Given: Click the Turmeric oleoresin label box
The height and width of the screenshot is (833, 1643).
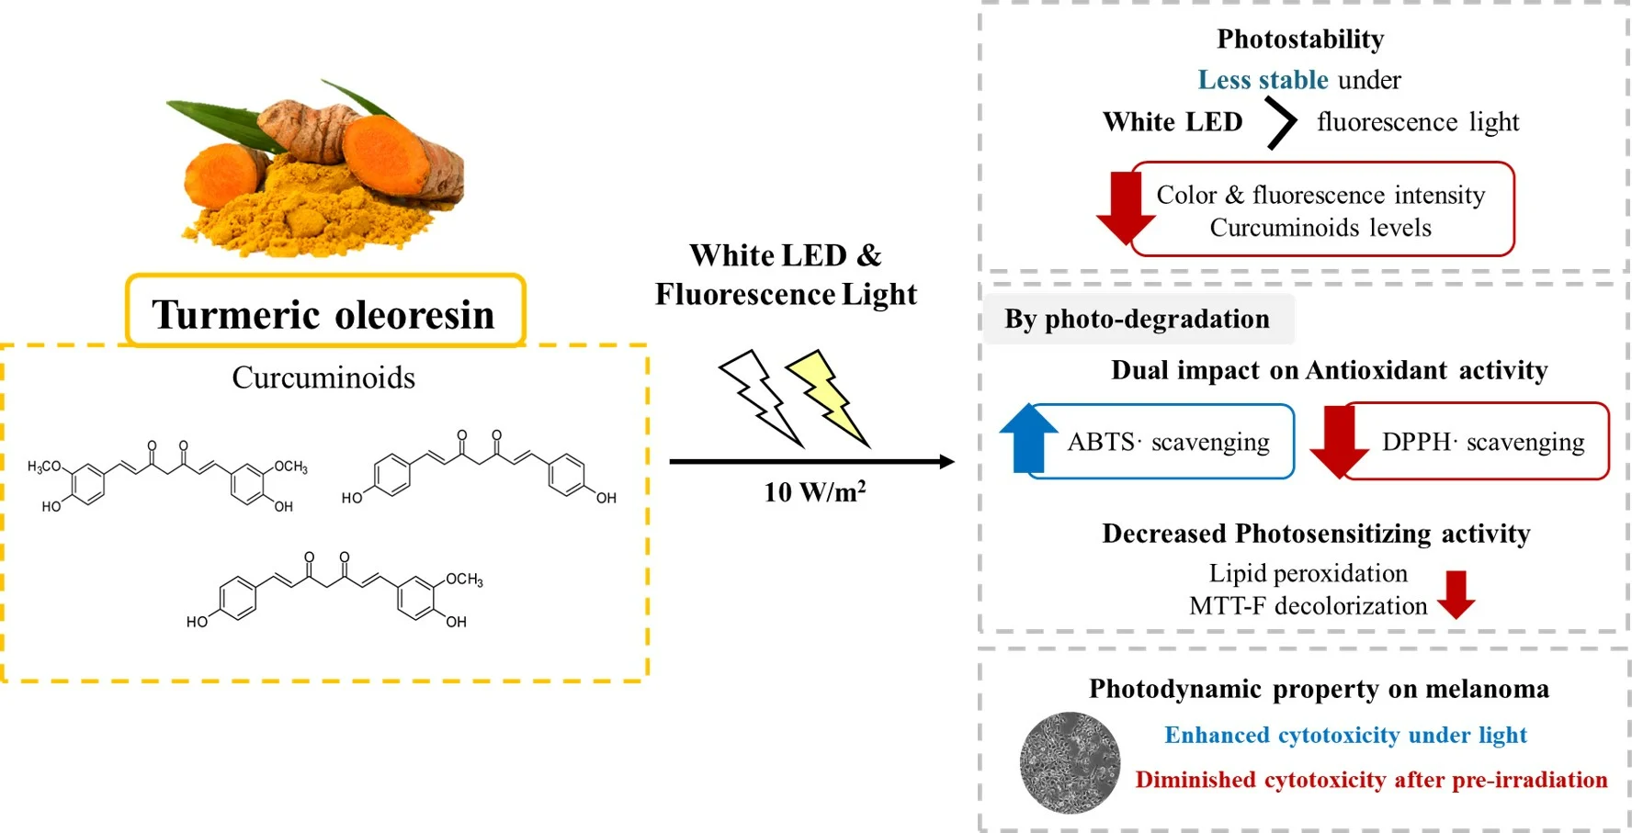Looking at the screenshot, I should coord(325,312).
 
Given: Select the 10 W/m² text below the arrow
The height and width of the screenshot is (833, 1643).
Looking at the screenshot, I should coord(814,492).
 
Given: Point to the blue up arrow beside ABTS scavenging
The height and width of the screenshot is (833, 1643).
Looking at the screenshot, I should coord(1028,438).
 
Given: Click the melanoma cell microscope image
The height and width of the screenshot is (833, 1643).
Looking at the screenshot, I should coord(1070,762).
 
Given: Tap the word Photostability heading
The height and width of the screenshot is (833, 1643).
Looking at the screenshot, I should coord(1299,39).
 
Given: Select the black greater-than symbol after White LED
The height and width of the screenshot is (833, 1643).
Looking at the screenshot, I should coord(1280,123).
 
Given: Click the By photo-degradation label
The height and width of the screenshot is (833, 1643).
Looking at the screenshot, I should coord(1137,319).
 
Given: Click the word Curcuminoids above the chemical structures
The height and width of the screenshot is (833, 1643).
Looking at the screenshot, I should coord(323,377).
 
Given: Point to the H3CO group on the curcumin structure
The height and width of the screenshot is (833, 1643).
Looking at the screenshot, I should coord(43,466).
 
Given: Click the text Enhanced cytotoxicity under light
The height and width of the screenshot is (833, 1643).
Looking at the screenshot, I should coord(1344,735).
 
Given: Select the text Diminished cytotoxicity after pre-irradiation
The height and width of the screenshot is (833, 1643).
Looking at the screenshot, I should coord(1370,780).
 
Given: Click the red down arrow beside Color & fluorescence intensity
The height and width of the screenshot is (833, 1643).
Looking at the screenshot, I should coord(1126,207).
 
